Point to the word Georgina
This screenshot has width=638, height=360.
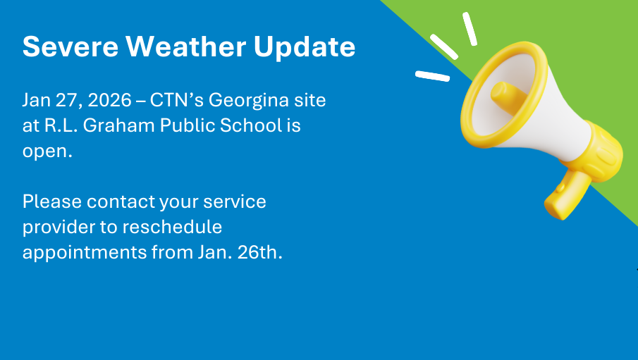pos(246,101)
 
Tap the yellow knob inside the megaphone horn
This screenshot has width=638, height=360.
pos(505,97)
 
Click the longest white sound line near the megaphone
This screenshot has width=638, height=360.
pos(443,46)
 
